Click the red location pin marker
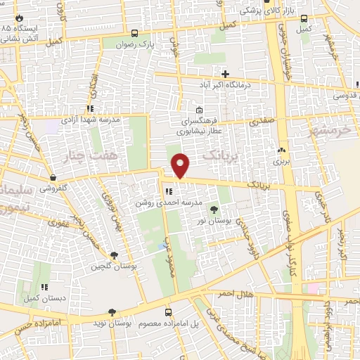(181, 165)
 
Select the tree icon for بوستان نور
(214, 209)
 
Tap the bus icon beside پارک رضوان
(135, 32)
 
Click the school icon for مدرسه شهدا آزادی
(90, 109)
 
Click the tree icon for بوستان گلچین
(115, 255)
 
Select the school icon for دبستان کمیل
(45, 287)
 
